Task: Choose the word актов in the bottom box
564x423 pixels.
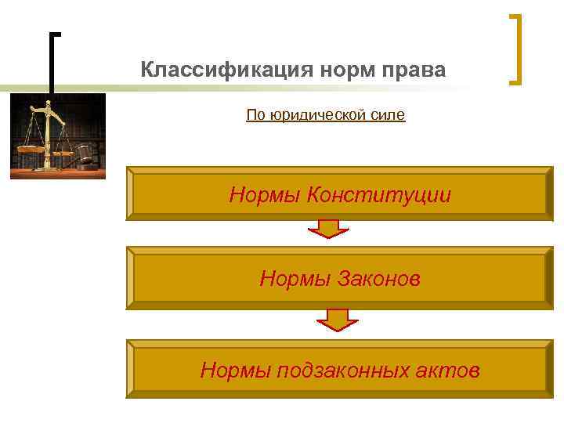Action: point(450,370)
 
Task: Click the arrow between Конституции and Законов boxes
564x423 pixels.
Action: point(332,230)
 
